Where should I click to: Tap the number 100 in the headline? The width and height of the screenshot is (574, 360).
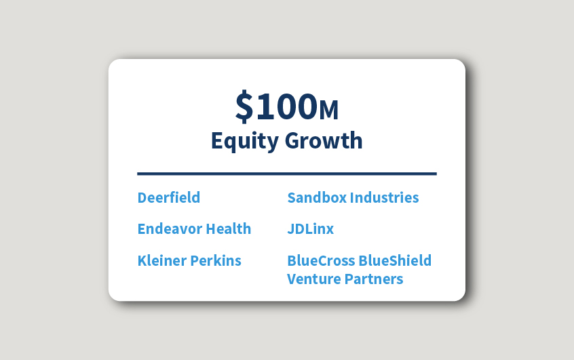tap(285, 106)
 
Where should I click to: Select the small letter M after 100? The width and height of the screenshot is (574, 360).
tap(328, 108)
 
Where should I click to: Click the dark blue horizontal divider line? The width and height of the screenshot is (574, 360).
tap(286, 174)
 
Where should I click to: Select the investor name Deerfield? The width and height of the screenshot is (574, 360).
tap(169, 198)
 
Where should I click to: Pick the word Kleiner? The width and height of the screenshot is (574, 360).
tap(161, 261)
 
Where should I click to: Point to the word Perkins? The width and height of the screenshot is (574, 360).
tap(215, 261)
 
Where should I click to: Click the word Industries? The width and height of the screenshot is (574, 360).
tap(385, 198)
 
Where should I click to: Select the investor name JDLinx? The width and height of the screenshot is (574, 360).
tap(311, 229)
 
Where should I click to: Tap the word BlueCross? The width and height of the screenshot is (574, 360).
tap(320, 261)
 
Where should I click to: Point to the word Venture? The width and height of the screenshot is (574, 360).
tap(313, 279)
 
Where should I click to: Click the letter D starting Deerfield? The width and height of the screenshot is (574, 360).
tap(142, 198)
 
